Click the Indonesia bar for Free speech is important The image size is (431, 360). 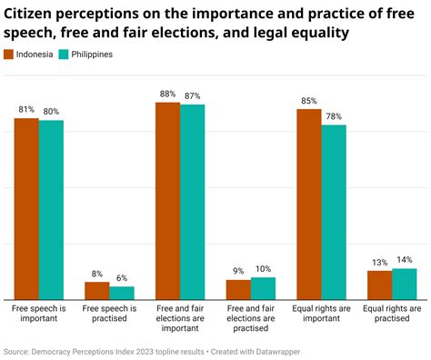click(x=26, y=209)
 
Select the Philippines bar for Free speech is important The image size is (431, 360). click(x=51, y=210)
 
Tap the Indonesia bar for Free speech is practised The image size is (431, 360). click(x=97, y=290)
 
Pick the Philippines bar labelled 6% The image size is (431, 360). click(x=122, y=293)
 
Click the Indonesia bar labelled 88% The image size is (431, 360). click(x=167, y=201)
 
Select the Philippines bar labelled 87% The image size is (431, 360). click(x=192, y=202)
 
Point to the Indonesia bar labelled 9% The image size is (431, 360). click(x=238, y=289)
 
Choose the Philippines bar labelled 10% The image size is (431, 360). click(x=263, y=288)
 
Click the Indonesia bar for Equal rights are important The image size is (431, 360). click(x=309, y=205)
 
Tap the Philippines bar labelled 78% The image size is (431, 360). click(x=334, y=212)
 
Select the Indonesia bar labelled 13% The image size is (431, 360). click(x=379, y=285)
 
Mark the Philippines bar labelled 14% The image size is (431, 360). click(x=404, y=284)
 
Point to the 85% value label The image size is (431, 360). click(x=308, y=101)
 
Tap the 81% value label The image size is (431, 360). click(x=26, y=110)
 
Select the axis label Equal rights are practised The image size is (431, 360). click(x=391, y=314)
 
